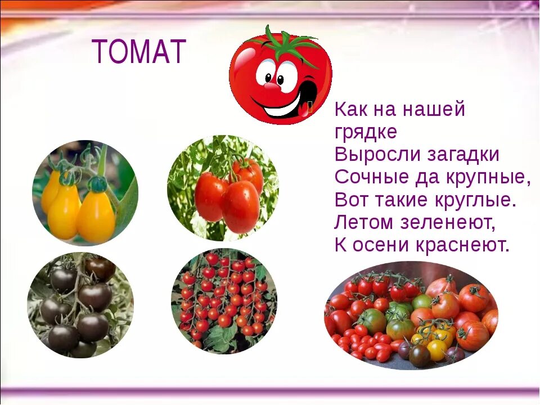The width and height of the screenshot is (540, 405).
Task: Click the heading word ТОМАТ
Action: (139, 52)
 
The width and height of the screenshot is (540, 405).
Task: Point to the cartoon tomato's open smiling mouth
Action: (284, 104)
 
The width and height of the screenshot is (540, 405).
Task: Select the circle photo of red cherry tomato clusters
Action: (224, 301)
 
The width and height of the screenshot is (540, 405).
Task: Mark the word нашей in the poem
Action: (433, 110)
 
